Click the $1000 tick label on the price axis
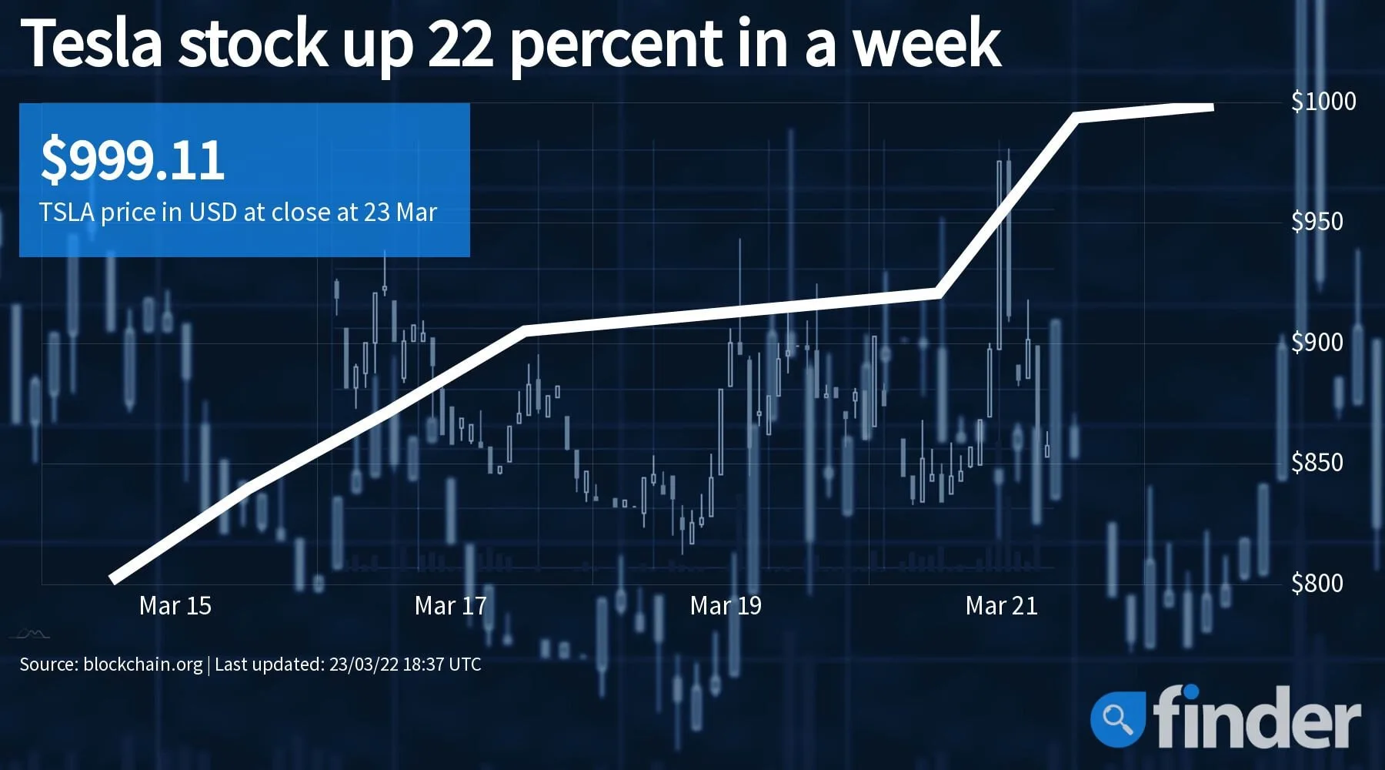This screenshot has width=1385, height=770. click(1323, 101)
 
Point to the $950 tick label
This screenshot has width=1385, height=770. click(1317, 222)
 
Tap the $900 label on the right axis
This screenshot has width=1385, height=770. click(1317, 342)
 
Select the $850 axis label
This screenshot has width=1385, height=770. click(1317, 462)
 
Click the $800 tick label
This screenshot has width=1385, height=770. click(1317, 583)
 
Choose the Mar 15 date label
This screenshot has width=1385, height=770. click(175, 606)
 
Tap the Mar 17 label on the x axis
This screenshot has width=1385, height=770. click(451, 606)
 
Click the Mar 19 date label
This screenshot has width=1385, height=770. click(726, 606)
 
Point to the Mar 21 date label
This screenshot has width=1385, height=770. click(1001, 606)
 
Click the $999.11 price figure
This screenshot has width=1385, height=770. click(132, 160)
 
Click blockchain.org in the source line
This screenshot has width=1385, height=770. click(142, 665)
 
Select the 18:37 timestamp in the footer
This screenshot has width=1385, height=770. click(425, 665)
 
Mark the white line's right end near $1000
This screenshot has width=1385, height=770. click(1212, 107)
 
